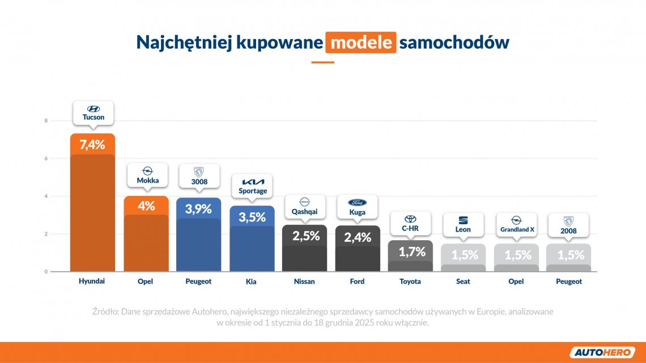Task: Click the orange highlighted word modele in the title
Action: tap(360, 42)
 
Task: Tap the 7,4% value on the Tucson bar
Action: tap(92, 144)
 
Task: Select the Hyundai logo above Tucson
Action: tap(93, 109)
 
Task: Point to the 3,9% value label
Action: tap(199, 208)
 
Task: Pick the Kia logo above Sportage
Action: tap(252, 182)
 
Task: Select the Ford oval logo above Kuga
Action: tap(357, 202)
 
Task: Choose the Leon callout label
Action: tap(463, 230)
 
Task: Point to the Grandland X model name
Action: tap(516, 230)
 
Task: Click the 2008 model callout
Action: tap(568, 231)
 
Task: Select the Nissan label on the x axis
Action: tap(305, 281)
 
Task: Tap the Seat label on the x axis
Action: tap(463, 281)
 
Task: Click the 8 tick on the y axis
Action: tap(46, 121)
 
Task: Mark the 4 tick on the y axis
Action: tap(46, 197)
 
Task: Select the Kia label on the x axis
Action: tap(252, 281)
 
